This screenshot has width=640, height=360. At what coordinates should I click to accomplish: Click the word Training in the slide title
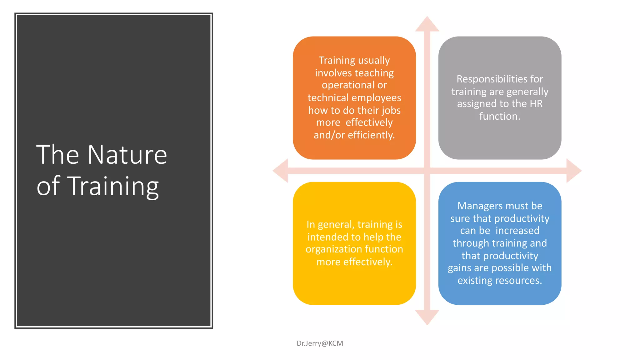(113, 187)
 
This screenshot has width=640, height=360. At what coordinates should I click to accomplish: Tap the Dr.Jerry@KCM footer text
(320, 343)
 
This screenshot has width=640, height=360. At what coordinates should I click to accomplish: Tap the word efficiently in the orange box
(371, 135)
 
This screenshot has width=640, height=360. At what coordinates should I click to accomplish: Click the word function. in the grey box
(499, 116)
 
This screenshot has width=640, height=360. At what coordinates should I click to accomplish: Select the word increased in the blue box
(517, 231)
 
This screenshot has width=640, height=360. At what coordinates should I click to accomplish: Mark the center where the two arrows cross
(427, 171)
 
